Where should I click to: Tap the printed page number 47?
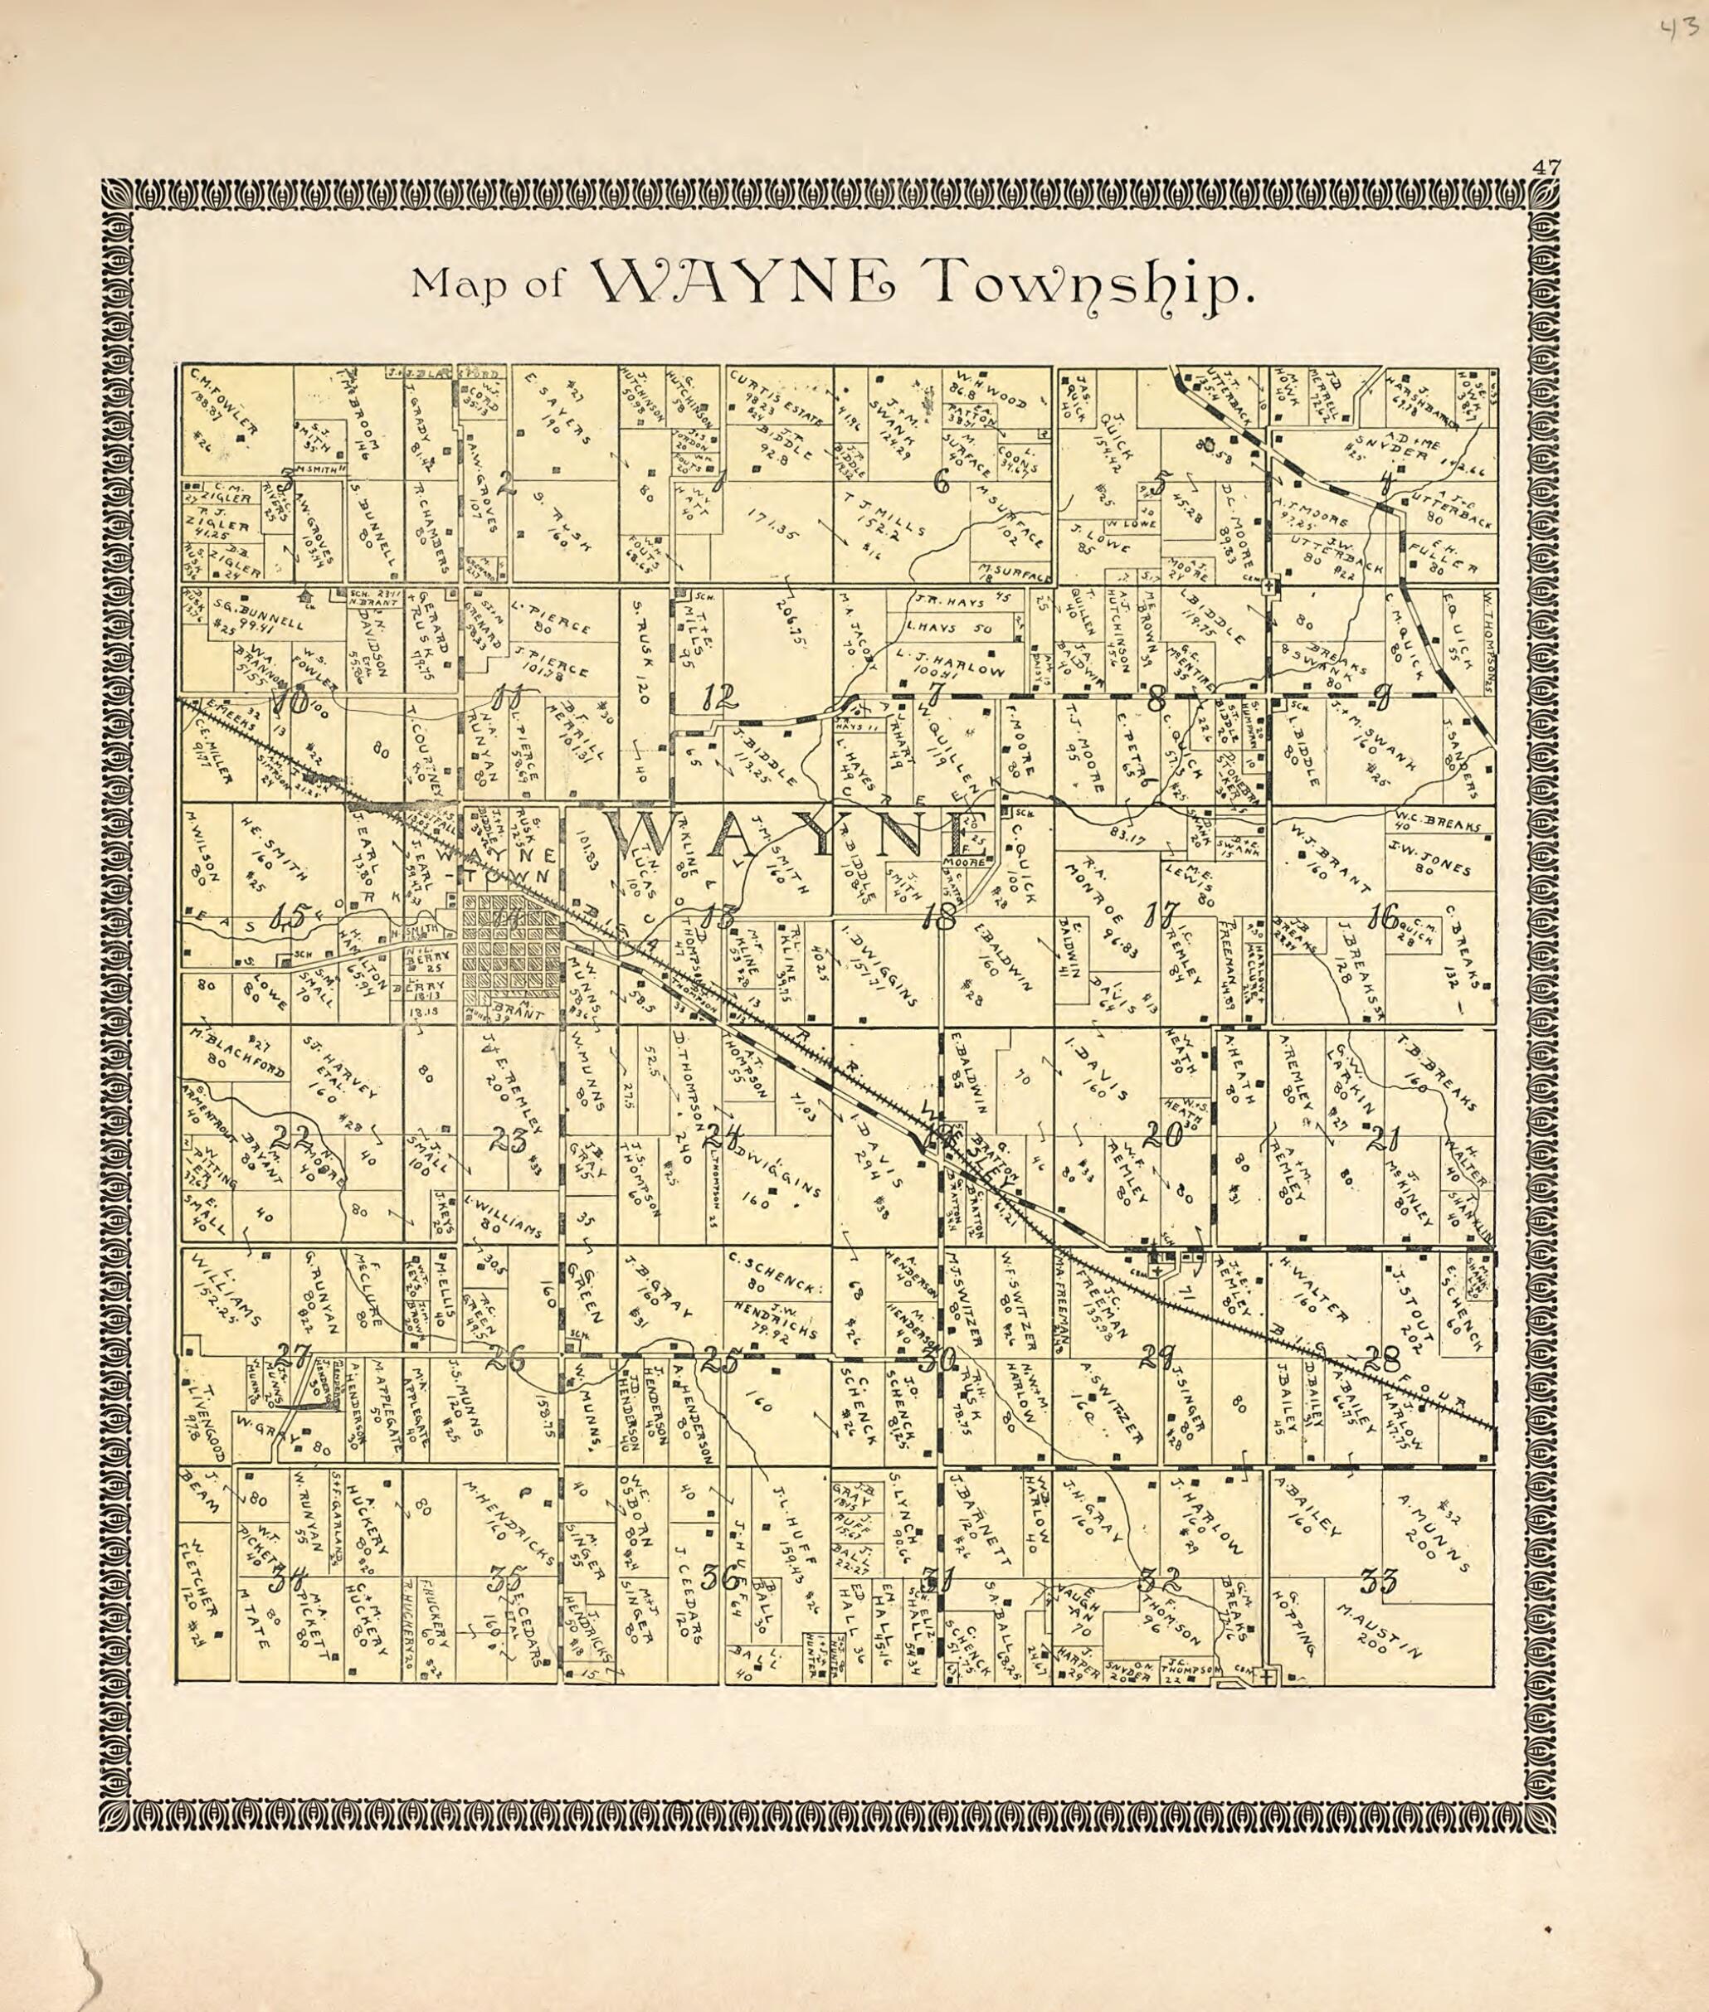pyautogui.click(x=1546, y=167)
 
